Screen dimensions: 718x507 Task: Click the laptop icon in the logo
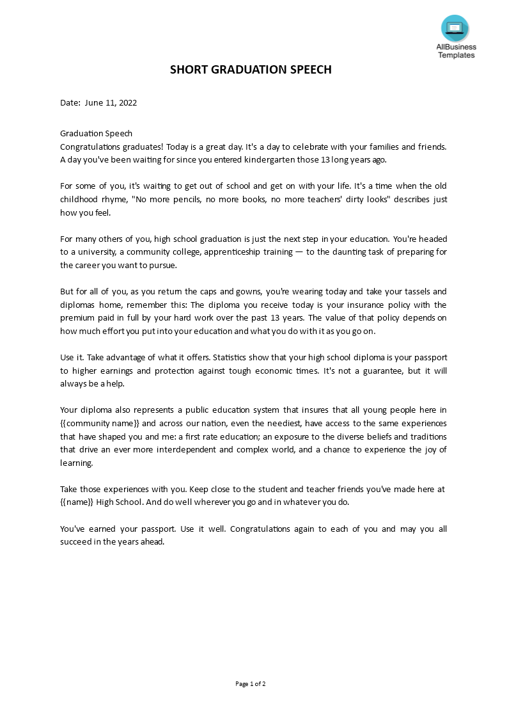455,28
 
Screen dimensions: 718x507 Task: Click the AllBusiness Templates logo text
456,51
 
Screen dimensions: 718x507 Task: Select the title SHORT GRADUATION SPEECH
251,70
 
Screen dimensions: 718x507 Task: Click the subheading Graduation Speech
96,133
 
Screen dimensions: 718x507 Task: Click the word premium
77,318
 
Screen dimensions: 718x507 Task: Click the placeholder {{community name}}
100,423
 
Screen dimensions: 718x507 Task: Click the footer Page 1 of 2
251,683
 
